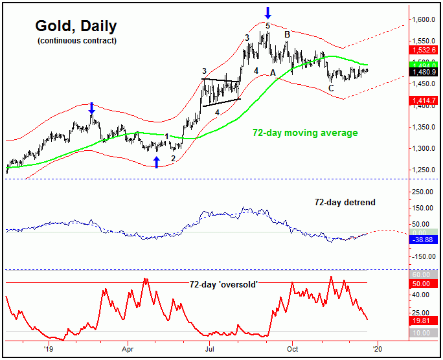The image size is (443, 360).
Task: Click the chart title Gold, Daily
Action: click(x=76, y=27)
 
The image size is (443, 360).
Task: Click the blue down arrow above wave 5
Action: click(x=268, y=13)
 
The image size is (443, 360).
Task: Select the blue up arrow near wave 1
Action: click(x=156, y=161)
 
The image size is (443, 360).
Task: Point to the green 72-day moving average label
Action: click(x=305, y=133)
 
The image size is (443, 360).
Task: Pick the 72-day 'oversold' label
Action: click(x=223, y=284)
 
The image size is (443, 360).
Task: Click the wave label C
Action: click(x=331, y=87)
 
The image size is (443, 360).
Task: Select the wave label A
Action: click(x=273, y=71)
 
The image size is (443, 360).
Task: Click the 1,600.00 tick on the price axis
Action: click(x=425, y=20)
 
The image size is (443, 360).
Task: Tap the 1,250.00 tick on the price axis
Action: click(x=425, y=170)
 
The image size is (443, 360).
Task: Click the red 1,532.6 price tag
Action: click(x=424, y=50)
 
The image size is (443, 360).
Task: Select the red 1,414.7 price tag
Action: click(x=424, y=100)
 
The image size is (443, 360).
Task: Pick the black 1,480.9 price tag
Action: click(x=424, y=73)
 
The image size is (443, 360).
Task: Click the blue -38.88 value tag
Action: click(x=424, y=240)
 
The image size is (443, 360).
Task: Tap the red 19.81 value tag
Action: click(x=424, y=319)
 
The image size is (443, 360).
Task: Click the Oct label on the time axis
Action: click(x=292, y=348)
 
